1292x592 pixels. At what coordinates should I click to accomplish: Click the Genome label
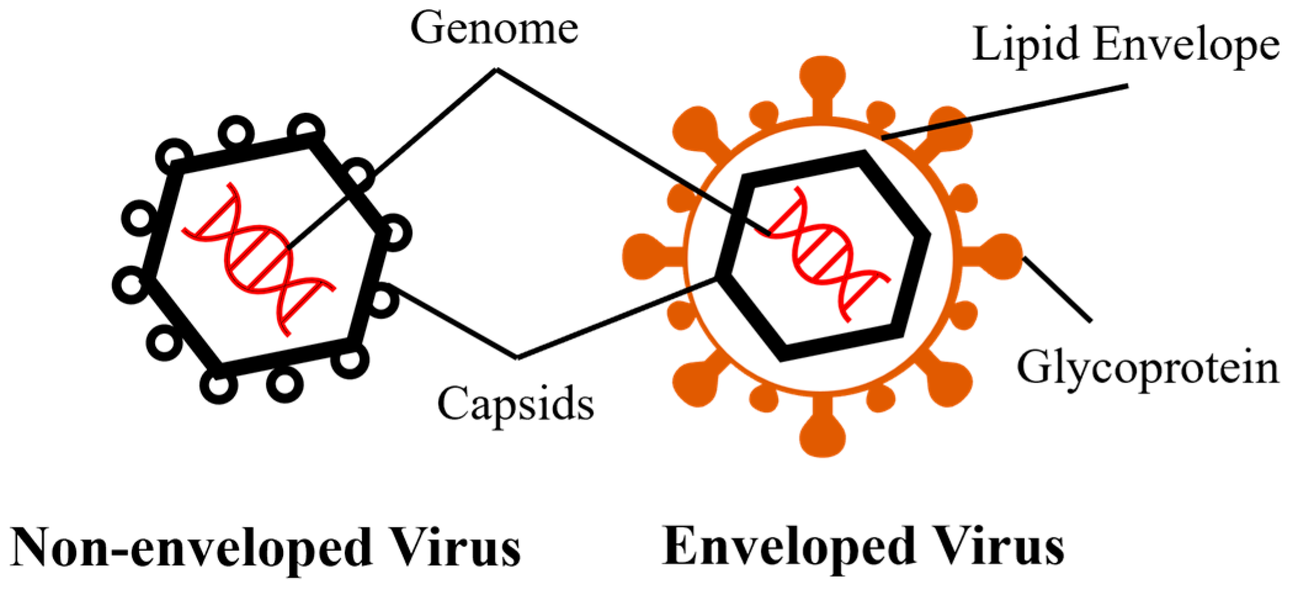click(494, 29)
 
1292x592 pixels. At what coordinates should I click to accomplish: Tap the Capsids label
click(516, 403)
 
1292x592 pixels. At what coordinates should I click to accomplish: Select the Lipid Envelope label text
click(1126, 44)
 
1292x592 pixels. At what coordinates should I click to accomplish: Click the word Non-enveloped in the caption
click(191, 547)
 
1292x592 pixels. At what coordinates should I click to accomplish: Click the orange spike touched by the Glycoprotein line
click(1000, 256)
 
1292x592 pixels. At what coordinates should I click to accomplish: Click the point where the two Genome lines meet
click(497, 70)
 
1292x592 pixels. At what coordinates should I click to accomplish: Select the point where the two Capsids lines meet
click(517, 357)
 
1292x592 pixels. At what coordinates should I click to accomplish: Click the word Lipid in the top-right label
click(1025, 44)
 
